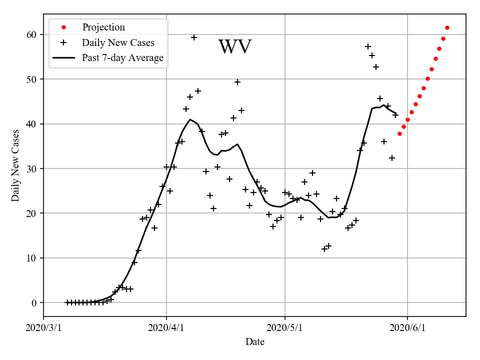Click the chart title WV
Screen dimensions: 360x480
(235, 47)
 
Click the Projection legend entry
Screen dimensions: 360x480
(103, 27)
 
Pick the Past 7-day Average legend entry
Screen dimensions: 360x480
(122, 58)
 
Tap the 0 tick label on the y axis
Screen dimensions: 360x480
(35, 302)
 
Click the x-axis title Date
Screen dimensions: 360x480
(255, 342)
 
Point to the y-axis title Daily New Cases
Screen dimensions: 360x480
(15, 165)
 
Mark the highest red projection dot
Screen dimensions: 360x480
(447, 27)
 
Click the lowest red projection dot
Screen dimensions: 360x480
(399, 133)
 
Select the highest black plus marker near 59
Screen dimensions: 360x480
(194, 37)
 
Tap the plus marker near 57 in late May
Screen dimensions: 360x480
(368, 46)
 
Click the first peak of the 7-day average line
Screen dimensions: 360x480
(190, 119)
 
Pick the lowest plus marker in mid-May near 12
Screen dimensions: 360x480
(324, 248)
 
